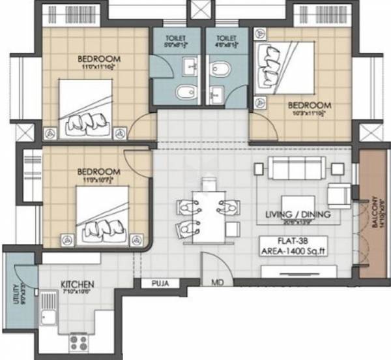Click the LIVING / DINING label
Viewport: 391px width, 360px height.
coord(298,214)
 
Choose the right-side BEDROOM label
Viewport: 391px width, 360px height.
coord(309,104)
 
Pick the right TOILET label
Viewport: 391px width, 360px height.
coord(227,38)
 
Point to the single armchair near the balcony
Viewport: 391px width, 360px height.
coord(340,194)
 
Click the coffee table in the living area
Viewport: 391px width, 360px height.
coord(298,202)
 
